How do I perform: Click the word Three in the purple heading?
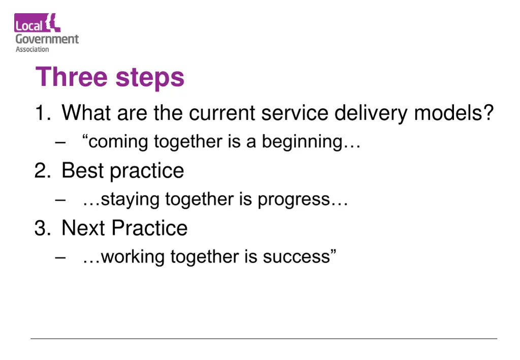pos(72,78)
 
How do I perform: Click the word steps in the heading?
pos(150,79)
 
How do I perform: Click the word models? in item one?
pos(454,113)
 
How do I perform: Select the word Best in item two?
pos(83,171)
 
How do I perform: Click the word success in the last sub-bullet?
pos(297,257)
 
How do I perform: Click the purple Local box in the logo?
pos(29,24)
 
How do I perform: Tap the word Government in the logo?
pos(47,39)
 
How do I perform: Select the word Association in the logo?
pos(32,49)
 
